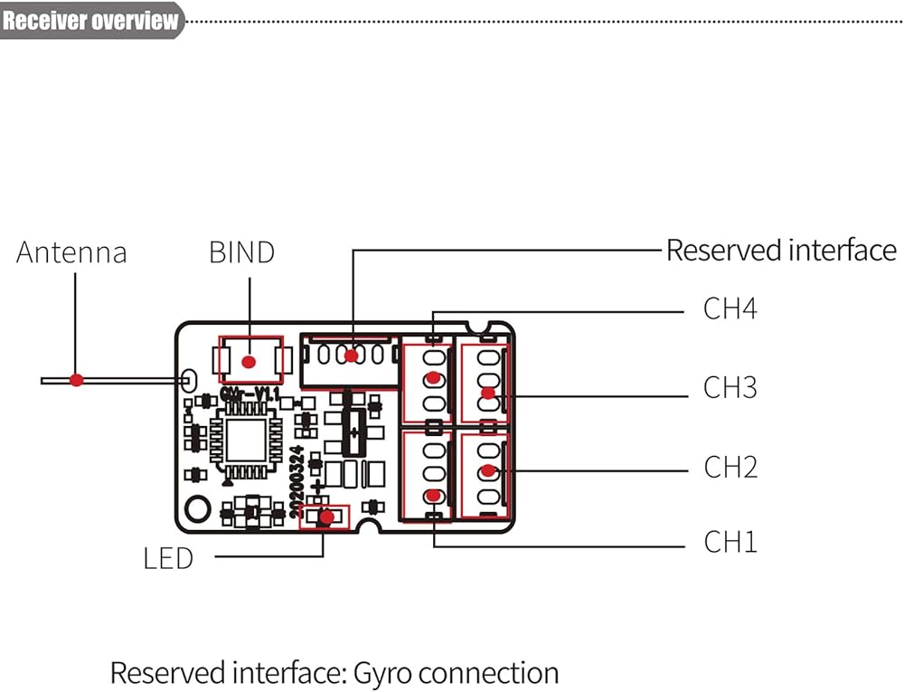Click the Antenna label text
point(71,252)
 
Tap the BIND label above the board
point(241,252)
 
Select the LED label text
point(168,558)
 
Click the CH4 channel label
point(730,309)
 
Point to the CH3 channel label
point(730,388)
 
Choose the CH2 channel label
point(730,468)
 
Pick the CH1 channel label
point(730,543)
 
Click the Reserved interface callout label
point(781,251)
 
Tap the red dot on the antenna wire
point(77,380)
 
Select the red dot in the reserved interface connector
point(351,355)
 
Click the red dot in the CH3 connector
point(488,393)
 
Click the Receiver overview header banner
point(90,20)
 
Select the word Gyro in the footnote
point(383,673)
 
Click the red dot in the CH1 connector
point(435,495)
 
